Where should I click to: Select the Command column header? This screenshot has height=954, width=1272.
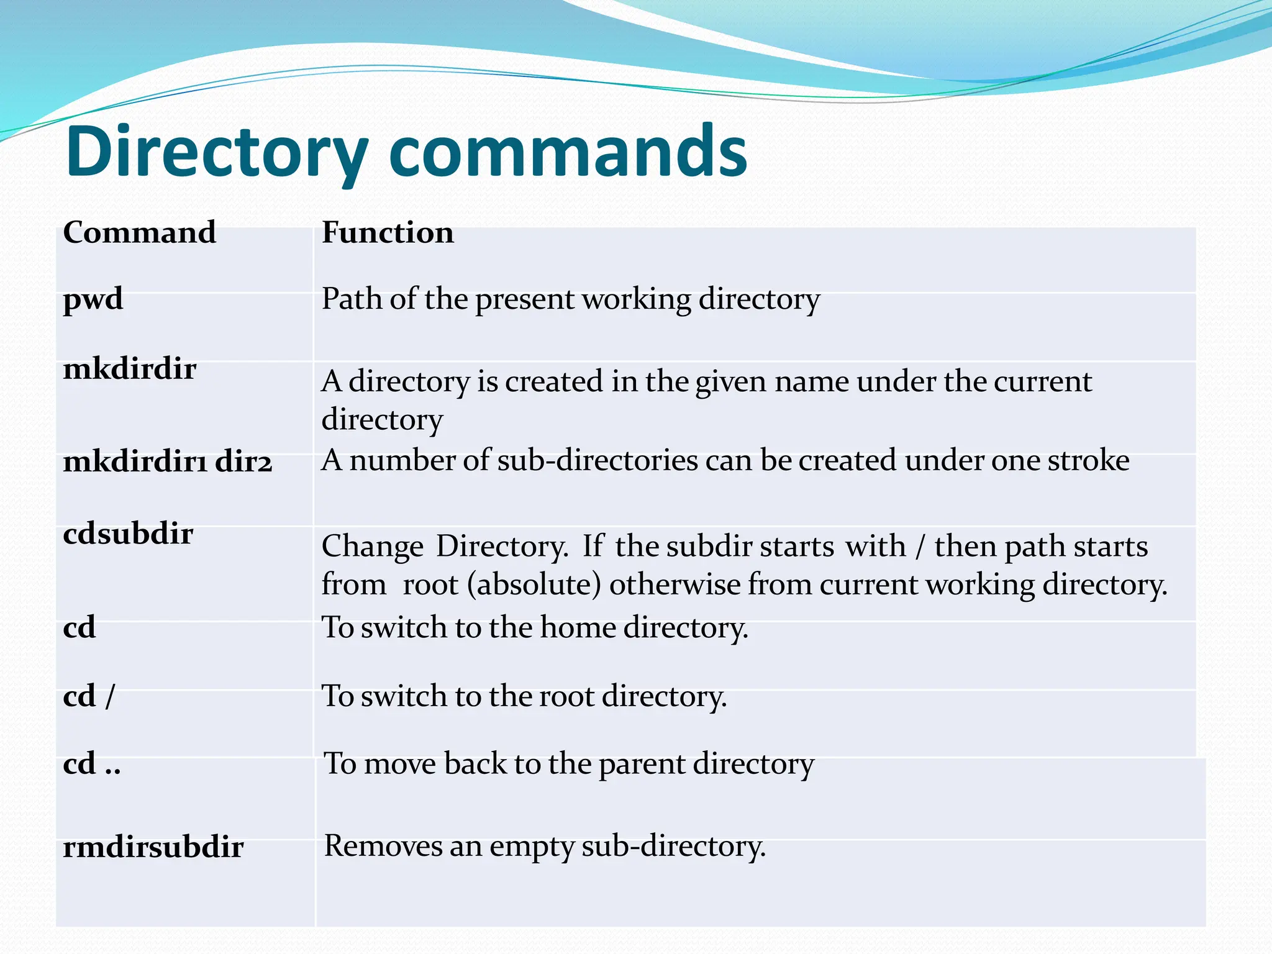(140, 233)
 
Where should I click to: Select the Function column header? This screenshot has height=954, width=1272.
(388, 233)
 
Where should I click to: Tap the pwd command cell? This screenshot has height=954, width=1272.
(93, 299)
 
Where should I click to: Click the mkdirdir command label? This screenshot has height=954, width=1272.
(130, 370)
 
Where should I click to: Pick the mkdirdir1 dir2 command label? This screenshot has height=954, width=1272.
(168, 462)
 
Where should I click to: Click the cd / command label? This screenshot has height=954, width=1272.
(89, 696)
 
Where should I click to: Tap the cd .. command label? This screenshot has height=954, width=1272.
(92, 764)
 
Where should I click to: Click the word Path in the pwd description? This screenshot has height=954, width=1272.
(352, 299)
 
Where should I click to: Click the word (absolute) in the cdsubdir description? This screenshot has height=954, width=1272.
(534, 585)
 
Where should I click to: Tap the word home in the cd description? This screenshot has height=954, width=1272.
(578, 627)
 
